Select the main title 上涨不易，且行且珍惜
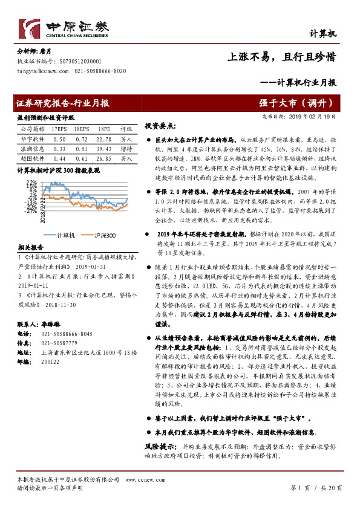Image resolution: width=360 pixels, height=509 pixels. [281, 57]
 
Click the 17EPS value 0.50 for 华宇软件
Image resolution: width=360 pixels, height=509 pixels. [59, 139]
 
